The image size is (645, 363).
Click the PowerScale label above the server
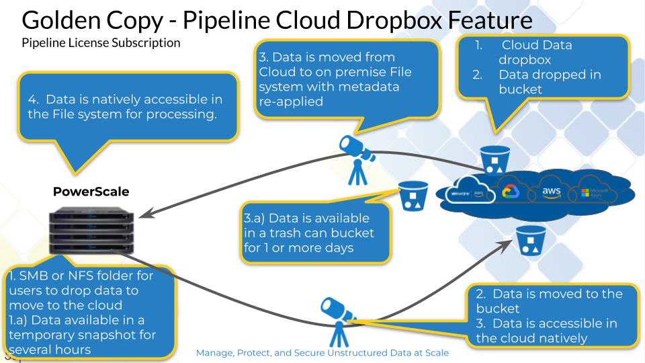[91, 192]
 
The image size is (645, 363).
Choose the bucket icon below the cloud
[528, 240]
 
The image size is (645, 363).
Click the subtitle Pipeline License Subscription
[101, 43]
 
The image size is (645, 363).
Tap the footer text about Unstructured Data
[322, 352]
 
